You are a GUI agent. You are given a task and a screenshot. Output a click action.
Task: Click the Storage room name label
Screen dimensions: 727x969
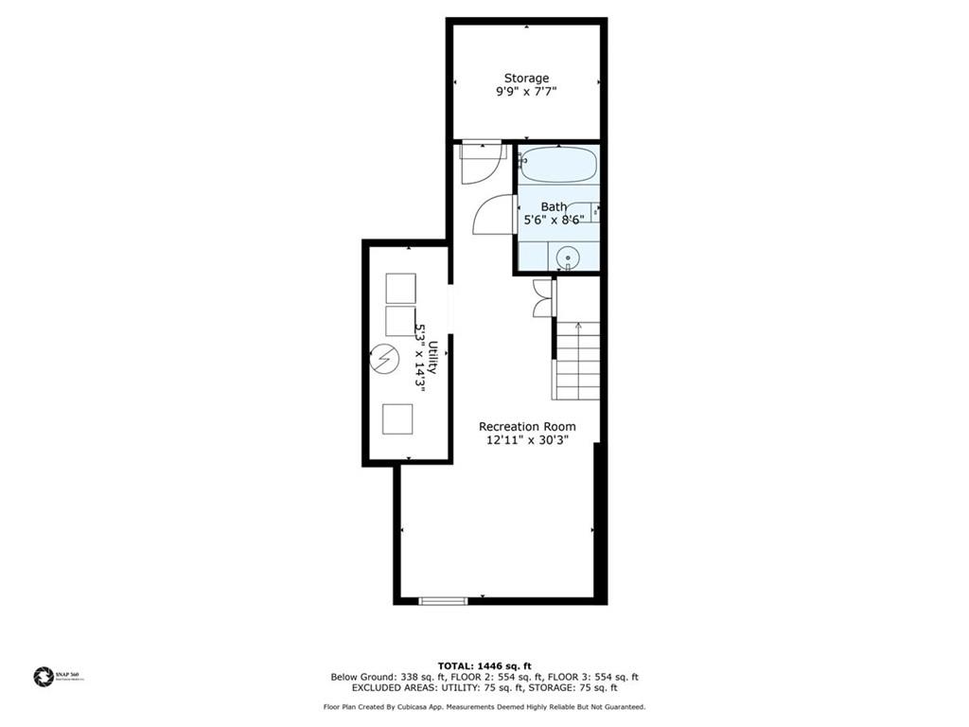click(x=526, y=79)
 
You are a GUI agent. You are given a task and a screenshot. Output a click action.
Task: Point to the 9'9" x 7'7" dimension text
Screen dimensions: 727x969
click(x=526, y=93)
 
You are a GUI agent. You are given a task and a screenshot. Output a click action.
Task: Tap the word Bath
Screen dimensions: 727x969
click(x=554, y=206)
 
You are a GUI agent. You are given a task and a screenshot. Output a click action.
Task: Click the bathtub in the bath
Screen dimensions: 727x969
click(x=558, y=165)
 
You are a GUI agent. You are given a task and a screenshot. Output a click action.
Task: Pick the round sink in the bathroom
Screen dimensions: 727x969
click(x=568, y=256)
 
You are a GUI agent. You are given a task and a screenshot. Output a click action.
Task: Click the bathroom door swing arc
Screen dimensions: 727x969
click(x=491, y=215)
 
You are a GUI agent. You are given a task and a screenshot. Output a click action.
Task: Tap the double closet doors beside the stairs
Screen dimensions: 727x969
click(x=542, y=297)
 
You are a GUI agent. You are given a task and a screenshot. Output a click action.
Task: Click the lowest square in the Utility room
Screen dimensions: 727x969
click(x=398, y=417)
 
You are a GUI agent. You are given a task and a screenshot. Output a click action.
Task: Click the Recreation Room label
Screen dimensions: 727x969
click(x=527, y=426)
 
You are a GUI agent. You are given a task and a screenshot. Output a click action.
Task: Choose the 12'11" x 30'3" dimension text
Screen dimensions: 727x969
click(x=527, y=439)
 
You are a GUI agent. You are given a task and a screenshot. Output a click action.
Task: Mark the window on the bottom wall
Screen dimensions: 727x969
click(x=443, y=600)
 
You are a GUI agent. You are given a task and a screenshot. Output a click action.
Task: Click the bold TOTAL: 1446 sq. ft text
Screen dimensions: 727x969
click(x=484, y=665)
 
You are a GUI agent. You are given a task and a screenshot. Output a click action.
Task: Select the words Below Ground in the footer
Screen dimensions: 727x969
click(x=362, y=677)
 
